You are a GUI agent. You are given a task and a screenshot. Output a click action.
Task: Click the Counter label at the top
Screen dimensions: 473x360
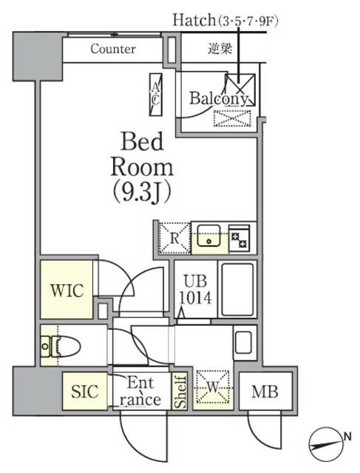(112, 50)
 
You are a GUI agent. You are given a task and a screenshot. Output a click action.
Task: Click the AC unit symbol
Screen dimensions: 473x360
(156, 95)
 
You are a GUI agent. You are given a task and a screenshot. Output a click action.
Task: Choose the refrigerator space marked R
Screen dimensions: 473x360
(172, 237)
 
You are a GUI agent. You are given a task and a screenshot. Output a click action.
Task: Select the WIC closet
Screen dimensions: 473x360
(67, 289)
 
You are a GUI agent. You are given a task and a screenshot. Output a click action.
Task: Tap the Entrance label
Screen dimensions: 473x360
(140, 391)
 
